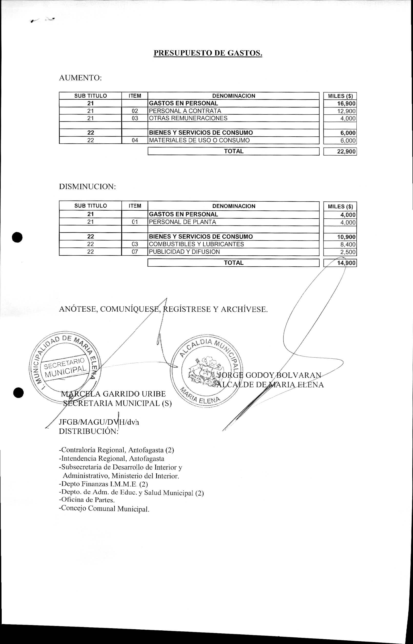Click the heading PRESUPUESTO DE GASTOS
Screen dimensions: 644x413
208,53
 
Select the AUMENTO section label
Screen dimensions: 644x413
80,78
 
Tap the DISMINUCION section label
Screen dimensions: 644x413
87,187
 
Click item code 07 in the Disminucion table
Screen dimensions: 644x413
135,252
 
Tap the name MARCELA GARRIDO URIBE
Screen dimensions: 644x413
113,394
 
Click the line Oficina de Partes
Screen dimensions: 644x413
87,499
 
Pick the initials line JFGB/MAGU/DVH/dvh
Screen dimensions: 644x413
99,422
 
